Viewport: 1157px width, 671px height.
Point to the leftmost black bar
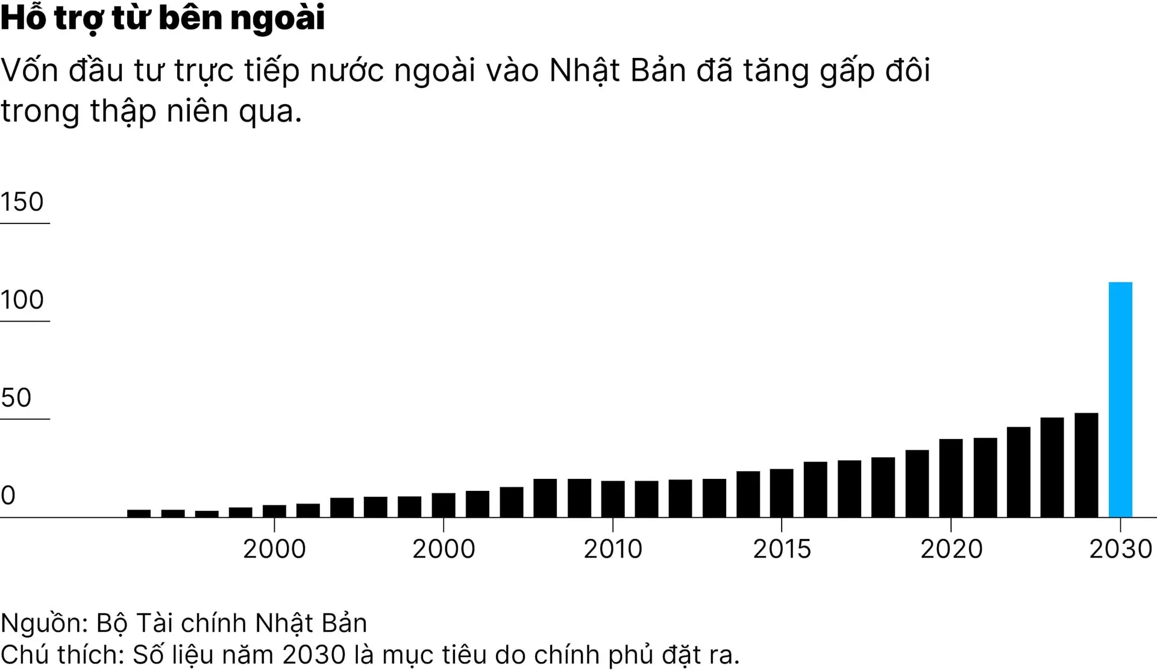[x=139, y=513]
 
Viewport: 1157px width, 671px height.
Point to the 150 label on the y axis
[x=22, y=202]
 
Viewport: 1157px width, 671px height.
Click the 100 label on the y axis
[x=22, y=299]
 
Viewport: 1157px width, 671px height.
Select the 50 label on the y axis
[x=16, y=398]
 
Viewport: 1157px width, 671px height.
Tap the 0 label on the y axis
[x=8, y=495]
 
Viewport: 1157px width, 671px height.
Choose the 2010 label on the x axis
[x=613, y=549]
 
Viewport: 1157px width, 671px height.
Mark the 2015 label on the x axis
[x=782, y=549]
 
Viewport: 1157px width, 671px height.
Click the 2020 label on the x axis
[x=951, y=549]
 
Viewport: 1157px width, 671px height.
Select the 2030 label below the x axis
[x=1120, y=549]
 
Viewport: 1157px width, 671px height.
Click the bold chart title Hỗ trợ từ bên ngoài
[x=163, y=18]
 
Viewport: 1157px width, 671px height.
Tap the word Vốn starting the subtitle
[x=29, y=70]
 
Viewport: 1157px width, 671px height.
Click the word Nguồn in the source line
[x=43, y=623]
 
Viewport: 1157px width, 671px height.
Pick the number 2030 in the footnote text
[x=314, y=655]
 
